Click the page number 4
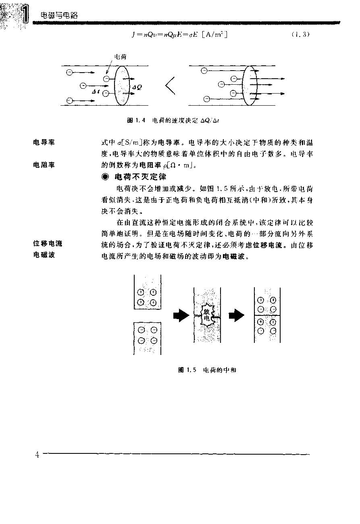click(x=37, y=455)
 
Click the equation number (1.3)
click(x=300, y=35)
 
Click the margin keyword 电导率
click(x=44, y=142)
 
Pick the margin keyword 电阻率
click(x=44, y=165)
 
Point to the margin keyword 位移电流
click(x=48, y=244)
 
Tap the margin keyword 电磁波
click(x=44, y=255)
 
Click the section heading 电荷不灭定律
click(x=141, y=177)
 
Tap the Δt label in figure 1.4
click(x=96, y=92)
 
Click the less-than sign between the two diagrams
click(x=170, y=86)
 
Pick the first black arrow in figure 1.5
click(x=181, y=315)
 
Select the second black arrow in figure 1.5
click(x=237, y=315)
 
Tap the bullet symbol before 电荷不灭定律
click(x=106, y=177)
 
